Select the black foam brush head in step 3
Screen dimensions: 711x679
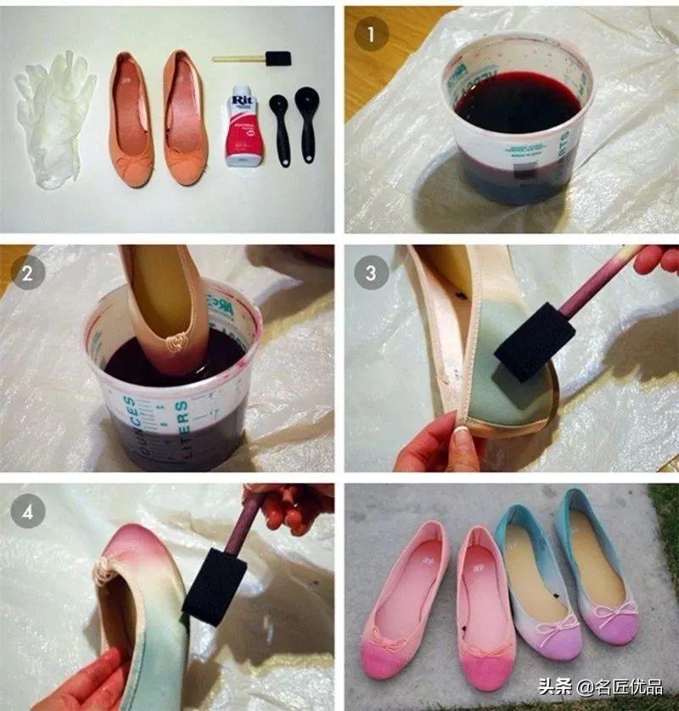[x=526, y=347]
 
